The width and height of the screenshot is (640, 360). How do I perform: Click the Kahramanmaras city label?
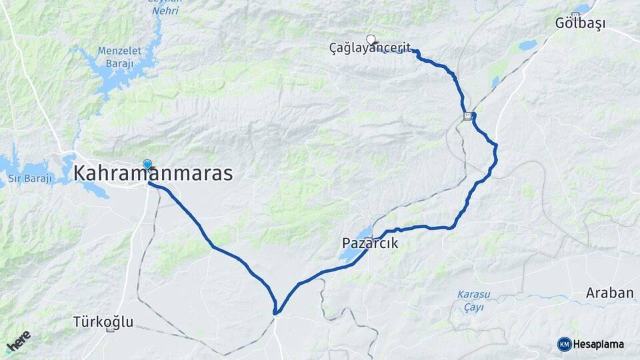(x=153, y=174)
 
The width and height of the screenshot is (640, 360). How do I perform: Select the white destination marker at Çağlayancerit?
(x=371, y=39)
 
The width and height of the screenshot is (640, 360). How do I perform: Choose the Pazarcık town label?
(x=370, y=244)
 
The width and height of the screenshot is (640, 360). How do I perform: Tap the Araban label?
(x=609, y=293)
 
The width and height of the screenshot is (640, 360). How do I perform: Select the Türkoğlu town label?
(x=103, y=322)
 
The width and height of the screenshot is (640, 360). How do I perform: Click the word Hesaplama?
(x=598, y=344)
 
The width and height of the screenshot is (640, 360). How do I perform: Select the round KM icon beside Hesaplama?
(x=564, y=344)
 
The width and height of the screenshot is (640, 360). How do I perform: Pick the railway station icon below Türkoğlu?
(x=111, y=329)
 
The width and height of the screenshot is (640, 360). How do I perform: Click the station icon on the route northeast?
(x=469, y=116)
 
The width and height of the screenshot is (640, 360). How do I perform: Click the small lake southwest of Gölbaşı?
(x=527, y=45)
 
